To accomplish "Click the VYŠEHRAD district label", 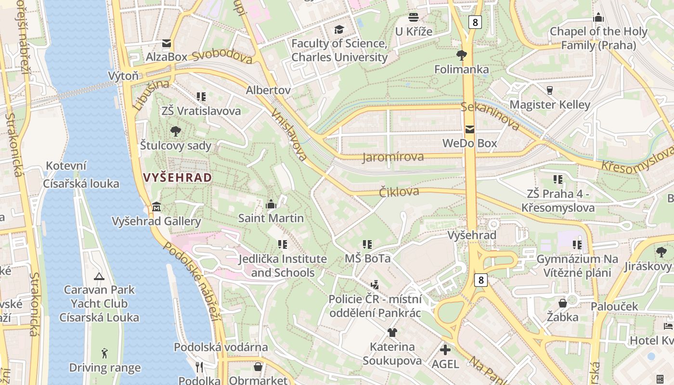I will pyautogui.click(x=177, y=178).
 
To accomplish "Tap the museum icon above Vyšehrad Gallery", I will pyautogui.click(x=156, y=207).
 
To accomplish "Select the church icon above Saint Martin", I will pyautogui.click(x=271, y=205).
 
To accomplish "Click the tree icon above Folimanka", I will pyautogui.click(x=462, y=55).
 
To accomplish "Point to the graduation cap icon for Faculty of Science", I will pyautogui.click(x=339, y=30).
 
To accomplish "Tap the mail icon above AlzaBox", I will pyautogui.click(x=167, y=43).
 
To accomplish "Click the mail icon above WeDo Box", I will pyautogui.click(x=469, y=129).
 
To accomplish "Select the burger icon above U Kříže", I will pyautogui.click(x=414, y=18).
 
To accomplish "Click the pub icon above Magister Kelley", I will pyautogui.click(x=550, y=90).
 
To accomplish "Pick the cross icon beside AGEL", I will pyautogui.click(x=446, y=350).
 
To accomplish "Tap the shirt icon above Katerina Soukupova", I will pyautogui.click(x=392, y=333).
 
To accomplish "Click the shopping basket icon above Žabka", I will pyautogui.click(x=562, y=303).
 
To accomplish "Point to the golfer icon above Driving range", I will pyautogui.click(x=104, y=354).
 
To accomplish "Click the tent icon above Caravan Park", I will pyautogui.click(x=99, y=276).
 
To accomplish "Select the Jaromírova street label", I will pyautogui.click(x=393, y=157).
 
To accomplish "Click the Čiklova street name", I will pyautogui.click(x=399, y=192).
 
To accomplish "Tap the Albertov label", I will pyautogui.click(x=268, y=90).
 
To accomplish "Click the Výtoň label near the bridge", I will pyautogui.click(x=123, y=76).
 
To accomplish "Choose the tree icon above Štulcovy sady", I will pyautogui.click(x=176, y=131).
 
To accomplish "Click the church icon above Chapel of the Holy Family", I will pyautogui.click(x=598, y=18).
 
